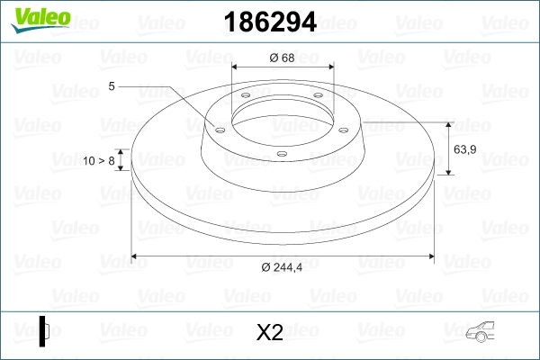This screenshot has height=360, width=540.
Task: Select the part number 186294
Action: point(269,23)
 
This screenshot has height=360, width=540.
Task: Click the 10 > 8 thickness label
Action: point(99,160)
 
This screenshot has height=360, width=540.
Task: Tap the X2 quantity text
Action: point(269,332)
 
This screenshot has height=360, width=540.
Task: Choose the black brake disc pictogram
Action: point(44,330)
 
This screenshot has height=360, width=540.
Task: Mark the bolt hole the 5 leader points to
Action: point(217,128)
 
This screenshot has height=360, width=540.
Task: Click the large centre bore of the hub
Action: point(283,117)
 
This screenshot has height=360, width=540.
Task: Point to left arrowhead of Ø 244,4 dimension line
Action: point(137,256)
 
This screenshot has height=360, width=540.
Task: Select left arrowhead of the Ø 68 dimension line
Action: point(236,67)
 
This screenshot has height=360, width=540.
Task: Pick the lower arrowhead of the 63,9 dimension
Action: point(448,171)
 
